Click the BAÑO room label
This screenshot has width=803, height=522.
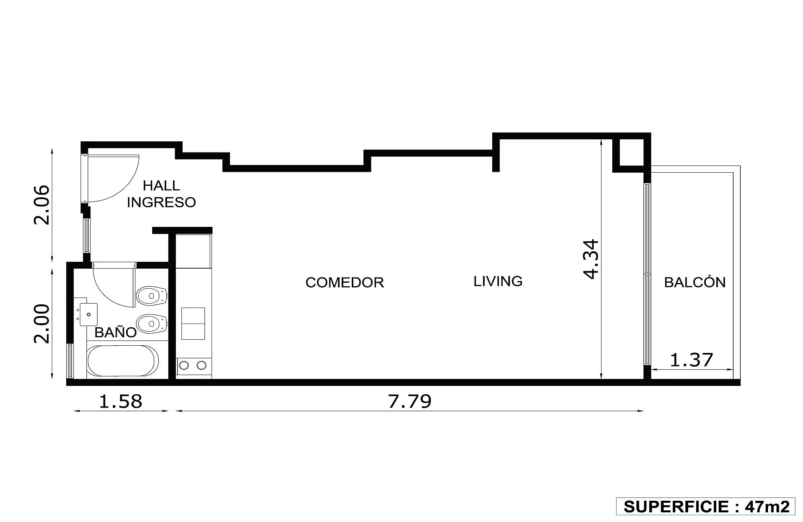pyautogui.click(x=116, y=332)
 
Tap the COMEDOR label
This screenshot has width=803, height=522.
pyautogui.click(x=344, y=282)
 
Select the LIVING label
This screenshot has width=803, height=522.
pyautogui.click(x=498, y=281)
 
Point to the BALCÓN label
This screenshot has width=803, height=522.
pyautogui.click(x=695, y=282)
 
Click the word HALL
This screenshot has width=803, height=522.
pyautogui.click(x=161, y=186)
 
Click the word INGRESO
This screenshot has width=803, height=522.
pyautogui.click(x=161, y=202)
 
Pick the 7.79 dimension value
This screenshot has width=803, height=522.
pyautogui.click(x=410, y=401)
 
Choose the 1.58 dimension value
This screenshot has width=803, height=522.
pyautogui.click(x=120, y=401)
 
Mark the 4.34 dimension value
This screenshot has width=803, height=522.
pyautogui.click(x=591, y=259)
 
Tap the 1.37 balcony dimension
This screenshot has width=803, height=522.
pyautogui.click(x=691, y=360)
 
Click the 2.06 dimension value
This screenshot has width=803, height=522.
pyautogui.click(x=42, y=205)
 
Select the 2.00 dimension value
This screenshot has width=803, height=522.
pyautogui.click(x=42, y=324)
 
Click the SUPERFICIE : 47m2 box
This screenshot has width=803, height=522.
pyautogui.click(x=705, y=506)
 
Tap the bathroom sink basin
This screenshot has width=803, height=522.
pyautogui.click(x=89, y=314)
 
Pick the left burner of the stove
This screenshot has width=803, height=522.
pyautogui.click(x=184, y=365)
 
